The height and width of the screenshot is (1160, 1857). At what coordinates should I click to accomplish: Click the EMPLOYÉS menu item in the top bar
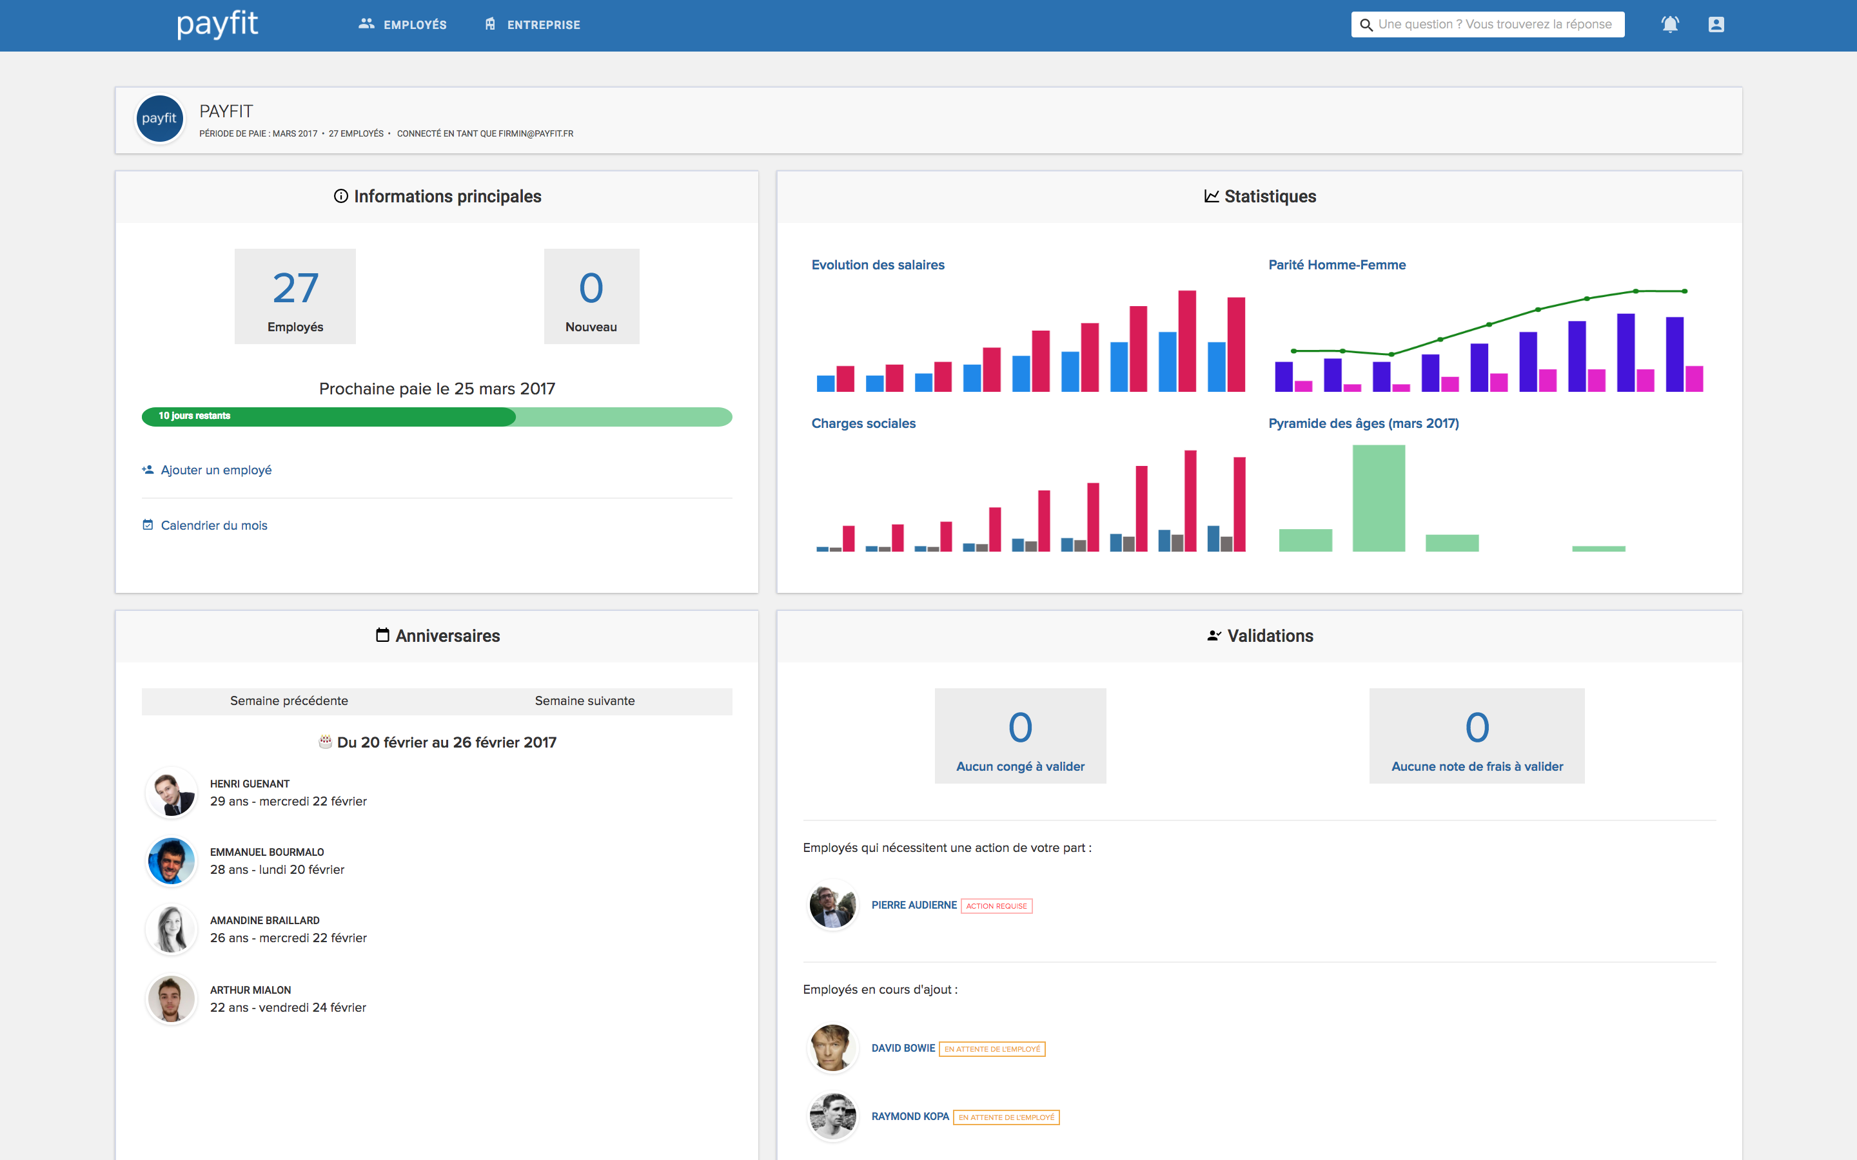403,24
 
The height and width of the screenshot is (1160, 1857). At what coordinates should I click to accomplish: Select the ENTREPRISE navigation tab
533,24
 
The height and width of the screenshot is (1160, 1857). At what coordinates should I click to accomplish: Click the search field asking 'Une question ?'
1493,24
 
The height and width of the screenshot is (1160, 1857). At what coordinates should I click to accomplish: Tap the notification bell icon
1670,24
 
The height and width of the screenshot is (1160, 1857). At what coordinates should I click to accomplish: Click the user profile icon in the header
1716,24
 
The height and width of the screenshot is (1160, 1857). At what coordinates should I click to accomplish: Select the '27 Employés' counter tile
295,296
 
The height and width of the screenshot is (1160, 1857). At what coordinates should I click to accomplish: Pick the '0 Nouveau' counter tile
591,296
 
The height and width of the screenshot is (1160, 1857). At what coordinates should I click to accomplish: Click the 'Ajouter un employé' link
215,470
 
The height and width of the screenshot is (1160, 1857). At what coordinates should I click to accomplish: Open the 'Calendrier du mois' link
213,525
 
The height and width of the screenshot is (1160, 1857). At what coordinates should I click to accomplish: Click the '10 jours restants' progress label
194,416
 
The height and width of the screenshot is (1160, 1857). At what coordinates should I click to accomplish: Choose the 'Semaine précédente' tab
290,701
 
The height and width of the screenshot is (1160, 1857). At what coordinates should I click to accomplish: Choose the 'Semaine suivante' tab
585,701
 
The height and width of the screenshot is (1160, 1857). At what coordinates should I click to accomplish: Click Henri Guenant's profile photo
171,793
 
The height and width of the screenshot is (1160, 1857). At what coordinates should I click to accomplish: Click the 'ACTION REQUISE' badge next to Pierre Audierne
996,906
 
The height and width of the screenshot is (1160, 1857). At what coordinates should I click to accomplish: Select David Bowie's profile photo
832,1048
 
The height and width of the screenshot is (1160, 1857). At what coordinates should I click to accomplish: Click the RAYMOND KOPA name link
910,1116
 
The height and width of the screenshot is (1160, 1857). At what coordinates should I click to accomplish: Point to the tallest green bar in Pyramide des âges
1378,499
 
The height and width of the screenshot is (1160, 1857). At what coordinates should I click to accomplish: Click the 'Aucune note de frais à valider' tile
1477,736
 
